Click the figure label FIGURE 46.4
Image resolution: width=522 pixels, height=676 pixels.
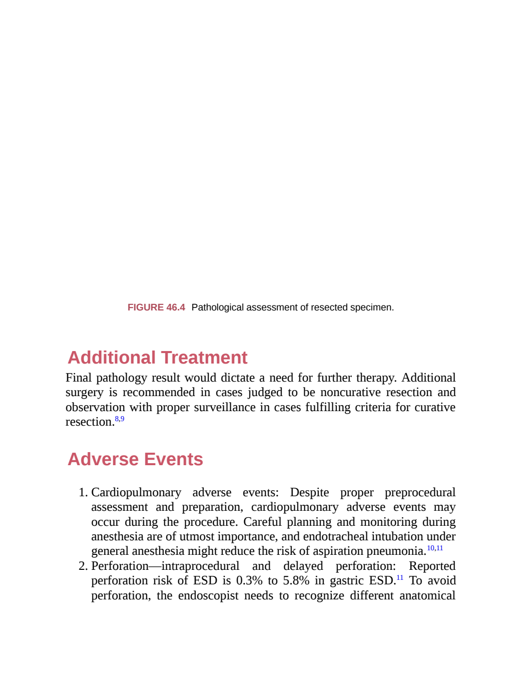tap(156, 307)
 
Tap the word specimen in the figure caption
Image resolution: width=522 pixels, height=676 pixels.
tap(372, 307)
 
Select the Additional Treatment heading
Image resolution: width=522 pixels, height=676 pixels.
tap(157, 357)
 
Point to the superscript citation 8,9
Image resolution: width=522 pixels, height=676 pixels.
tap(120, 419)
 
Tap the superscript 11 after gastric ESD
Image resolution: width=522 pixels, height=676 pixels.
tap(400, 577)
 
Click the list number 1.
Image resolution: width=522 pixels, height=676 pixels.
tap(83, 492)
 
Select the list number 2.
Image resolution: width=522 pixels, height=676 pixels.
tap(83, 566)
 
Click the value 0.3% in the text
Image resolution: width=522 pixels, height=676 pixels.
tap(249, 580)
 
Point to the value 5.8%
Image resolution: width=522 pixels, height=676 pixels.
tap(296, 580)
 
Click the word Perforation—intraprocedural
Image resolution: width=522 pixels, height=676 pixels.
tap(165, 566)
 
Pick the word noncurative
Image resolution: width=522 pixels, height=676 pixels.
tap(350, 392)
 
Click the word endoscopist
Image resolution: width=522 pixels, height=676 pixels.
tap(208, 595)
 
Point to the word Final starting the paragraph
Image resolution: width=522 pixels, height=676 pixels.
tap(79, 378)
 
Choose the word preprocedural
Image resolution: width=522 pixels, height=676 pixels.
tap(420, 492)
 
